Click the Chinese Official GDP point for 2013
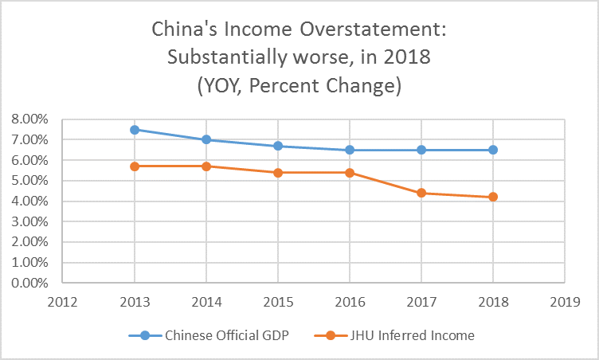(135, 129)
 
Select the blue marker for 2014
(206, 139)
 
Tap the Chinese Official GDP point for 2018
(493, 150)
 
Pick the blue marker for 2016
(350, 150)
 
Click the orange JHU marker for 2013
(135, 166)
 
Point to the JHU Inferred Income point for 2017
(421, 193)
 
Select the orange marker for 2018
(493, 197)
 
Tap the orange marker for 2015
(278, 172)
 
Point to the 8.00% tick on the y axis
(29, 119)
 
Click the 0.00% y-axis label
(29, 283)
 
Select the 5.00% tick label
(29, 181)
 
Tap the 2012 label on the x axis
(63, 302)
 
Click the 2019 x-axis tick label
(565, 302)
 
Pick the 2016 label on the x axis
(350, 302)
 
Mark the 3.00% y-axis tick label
(29, 221)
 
